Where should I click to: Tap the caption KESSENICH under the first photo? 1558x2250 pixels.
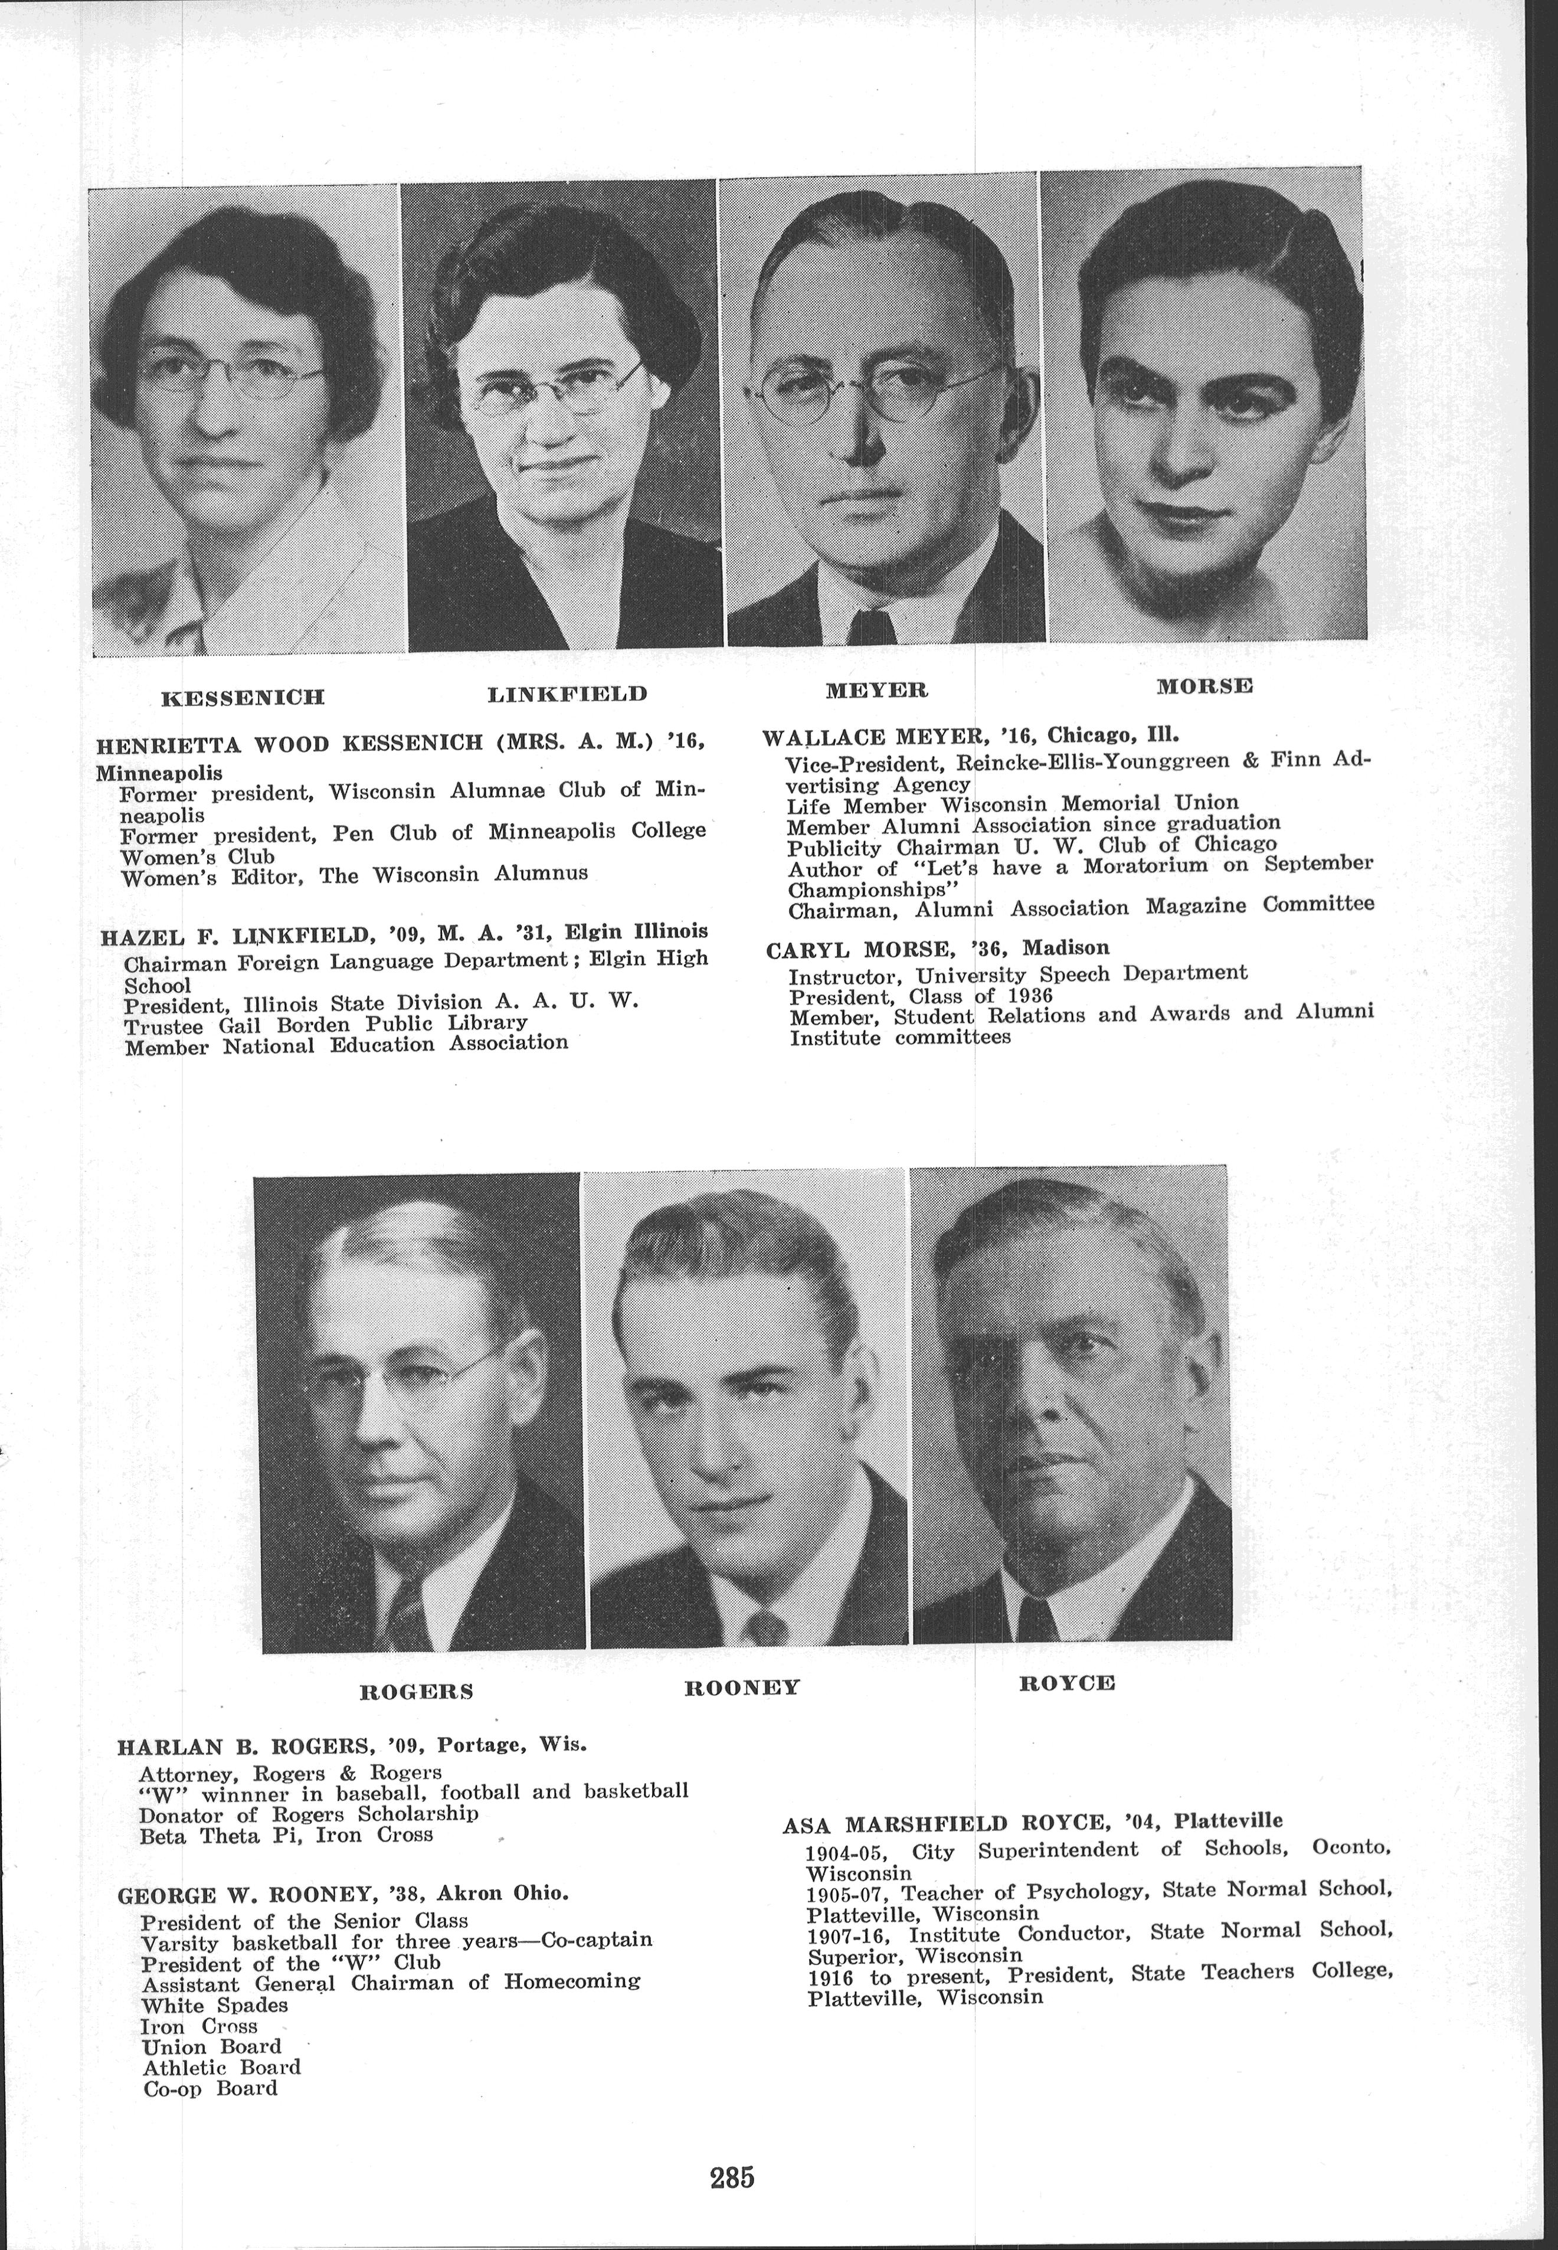click(242, 697)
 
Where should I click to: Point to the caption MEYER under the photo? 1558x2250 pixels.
click(876, 690)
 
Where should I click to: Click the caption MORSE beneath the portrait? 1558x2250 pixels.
click(1204, 685)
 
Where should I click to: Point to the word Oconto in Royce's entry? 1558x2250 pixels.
click(1351, 1848)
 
